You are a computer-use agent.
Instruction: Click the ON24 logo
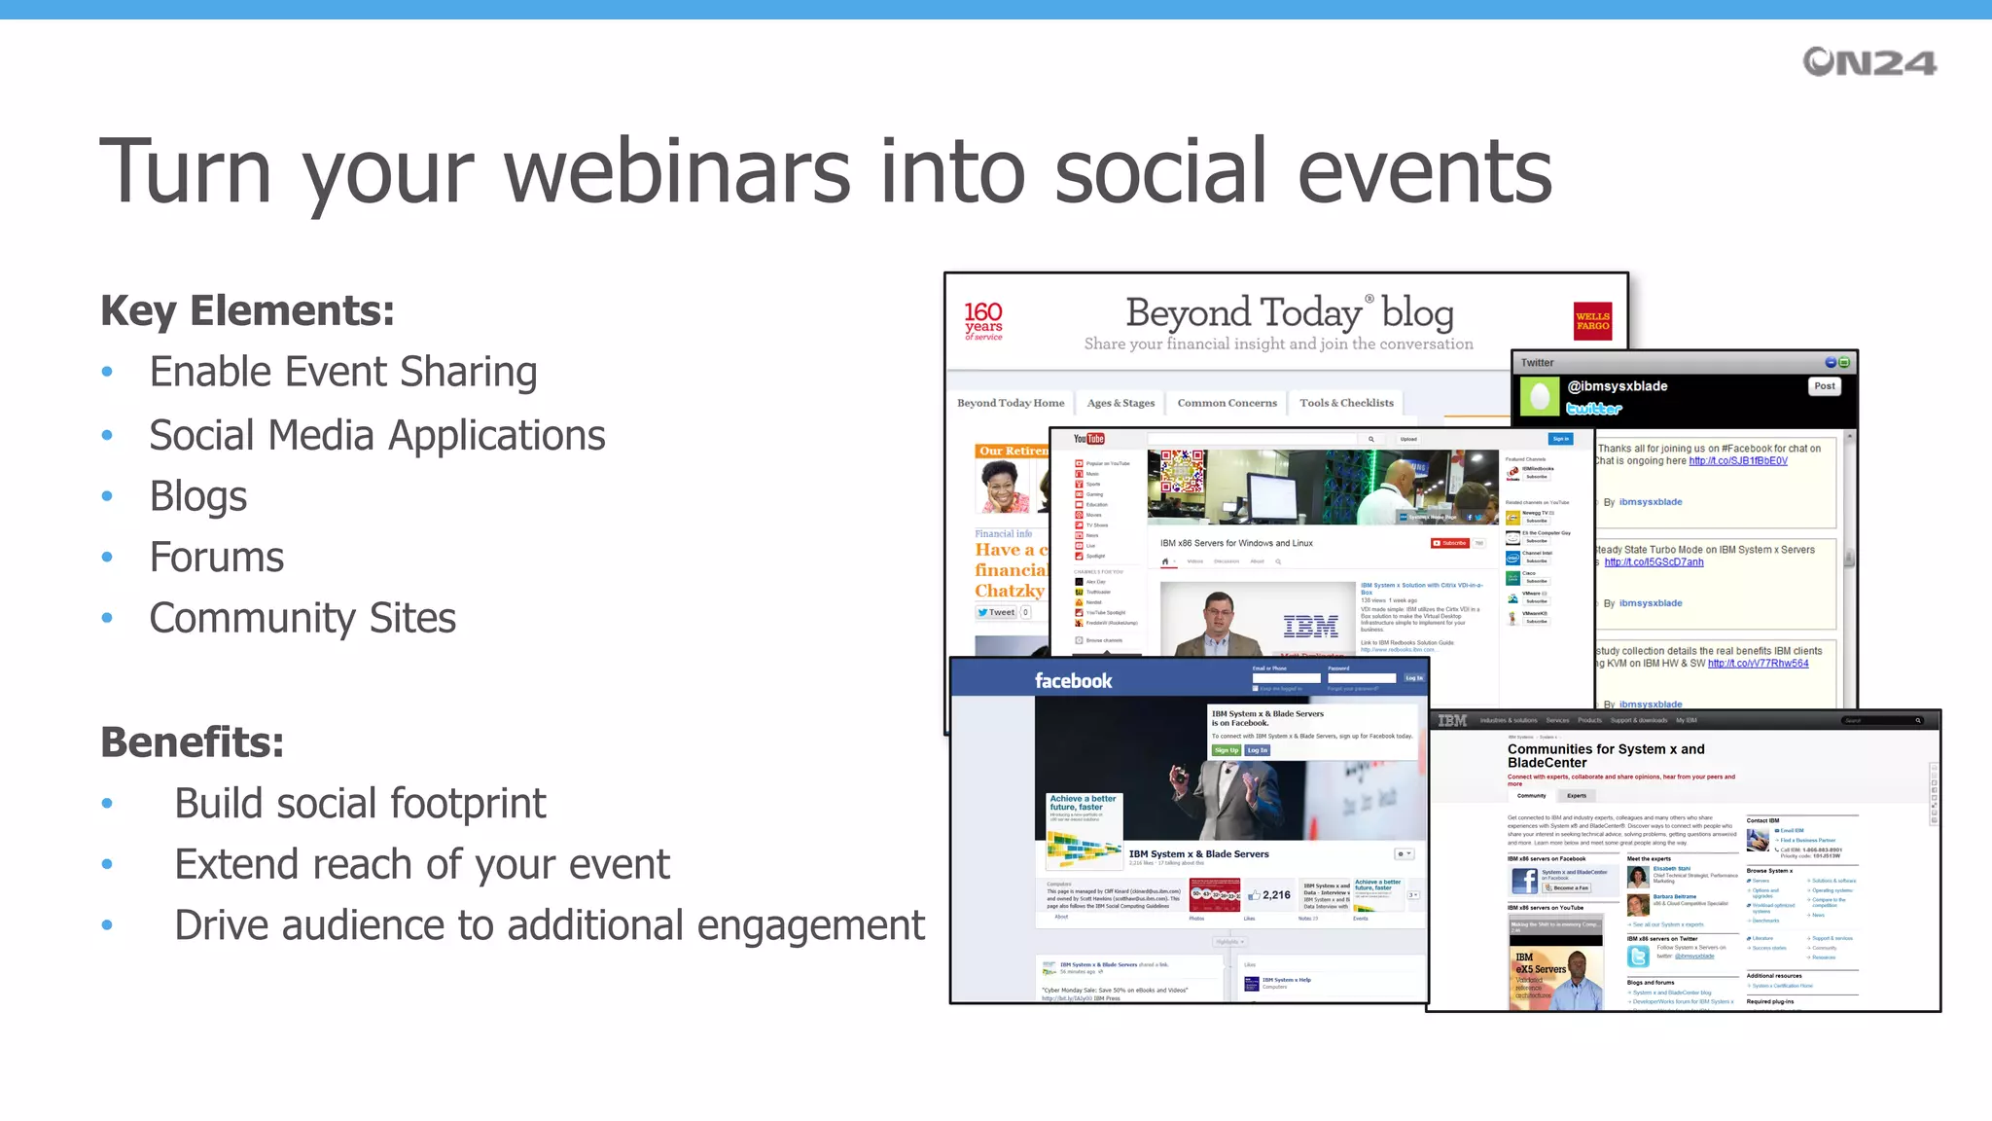point(1868,62)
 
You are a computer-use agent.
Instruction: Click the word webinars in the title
point(677,171)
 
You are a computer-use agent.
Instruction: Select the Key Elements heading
point(247,311)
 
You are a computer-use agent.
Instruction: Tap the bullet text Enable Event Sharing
point(342,372)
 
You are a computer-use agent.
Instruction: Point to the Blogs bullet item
point(197,496)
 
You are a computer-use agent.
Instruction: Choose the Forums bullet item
point(216,558)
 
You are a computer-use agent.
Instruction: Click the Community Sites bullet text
point(302,618)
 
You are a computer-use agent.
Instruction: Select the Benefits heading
point(192,742)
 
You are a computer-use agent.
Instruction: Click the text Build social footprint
point(360,804)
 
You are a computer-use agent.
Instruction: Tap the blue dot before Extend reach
point(107,864)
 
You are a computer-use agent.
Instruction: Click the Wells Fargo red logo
point(1592,321)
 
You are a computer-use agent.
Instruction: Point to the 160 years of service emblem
point(983,320)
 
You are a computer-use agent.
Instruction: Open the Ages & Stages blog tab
point(1120,403)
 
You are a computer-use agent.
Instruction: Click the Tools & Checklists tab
point(1346,403)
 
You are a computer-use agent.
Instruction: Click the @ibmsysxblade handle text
point(1618,386)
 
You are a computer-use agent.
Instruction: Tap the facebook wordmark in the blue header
point(1073,681)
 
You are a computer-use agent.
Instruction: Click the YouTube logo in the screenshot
point(1088,439)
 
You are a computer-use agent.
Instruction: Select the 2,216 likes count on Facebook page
point(1275,895)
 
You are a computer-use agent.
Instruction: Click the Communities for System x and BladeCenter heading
point(1605,756)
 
